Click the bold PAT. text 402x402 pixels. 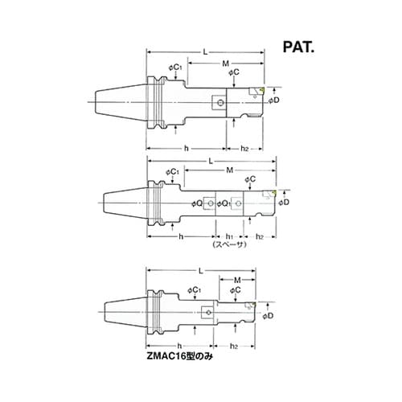298,47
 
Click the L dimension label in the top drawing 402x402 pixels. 205,52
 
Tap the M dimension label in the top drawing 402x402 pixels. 226,64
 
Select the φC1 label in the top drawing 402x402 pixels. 175,68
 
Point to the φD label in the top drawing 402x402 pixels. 274,100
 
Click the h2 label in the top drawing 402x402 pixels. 244,148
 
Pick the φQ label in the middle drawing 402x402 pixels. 197,203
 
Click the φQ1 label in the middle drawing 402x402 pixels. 224,204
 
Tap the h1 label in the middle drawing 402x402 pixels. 229,236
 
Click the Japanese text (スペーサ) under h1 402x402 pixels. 229,244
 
